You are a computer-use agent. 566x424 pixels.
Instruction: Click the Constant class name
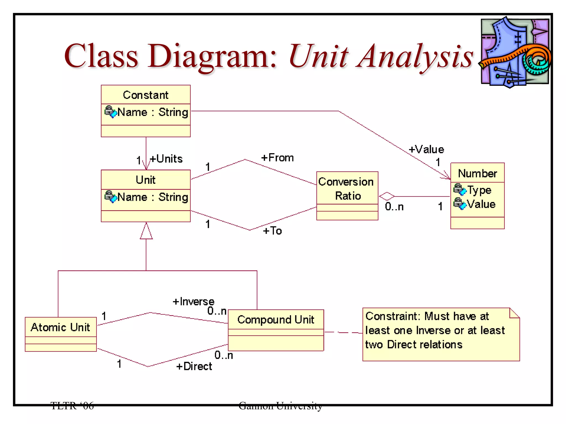pos(146,95)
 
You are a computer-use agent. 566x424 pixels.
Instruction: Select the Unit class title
pos(146,180)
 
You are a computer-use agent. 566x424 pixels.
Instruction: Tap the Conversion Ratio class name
pos(347,189)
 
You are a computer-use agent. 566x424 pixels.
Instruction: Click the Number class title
pos(477,173)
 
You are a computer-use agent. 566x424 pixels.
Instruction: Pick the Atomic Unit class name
pos(61,327)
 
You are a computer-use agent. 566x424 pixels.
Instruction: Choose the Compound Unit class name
pos(276,320)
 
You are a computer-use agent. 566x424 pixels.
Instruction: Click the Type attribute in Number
pos(479,190)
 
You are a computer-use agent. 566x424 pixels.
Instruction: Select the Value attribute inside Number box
pos(481,204)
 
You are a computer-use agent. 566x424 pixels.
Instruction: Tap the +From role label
pos(277,158)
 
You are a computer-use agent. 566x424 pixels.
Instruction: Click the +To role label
pos(272,231)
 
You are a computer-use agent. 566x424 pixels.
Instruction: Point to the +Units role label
pos(166,159)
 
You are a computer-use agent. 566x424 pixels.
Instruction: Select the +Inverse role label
pos(193,301)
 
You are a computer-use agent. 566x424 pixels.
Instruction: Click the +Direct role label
pos(194,366)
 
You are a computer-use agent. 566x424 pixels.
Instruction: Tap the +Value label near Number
pos(426,149)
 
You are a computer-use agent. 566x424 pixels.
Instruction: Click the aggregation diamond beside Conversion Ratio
pos(387,196)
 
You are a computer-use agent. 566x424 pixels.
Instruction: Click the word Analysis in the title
pos(415,57)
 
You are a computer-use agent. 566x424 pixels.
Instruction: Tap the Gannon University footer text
pos(280,406)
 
